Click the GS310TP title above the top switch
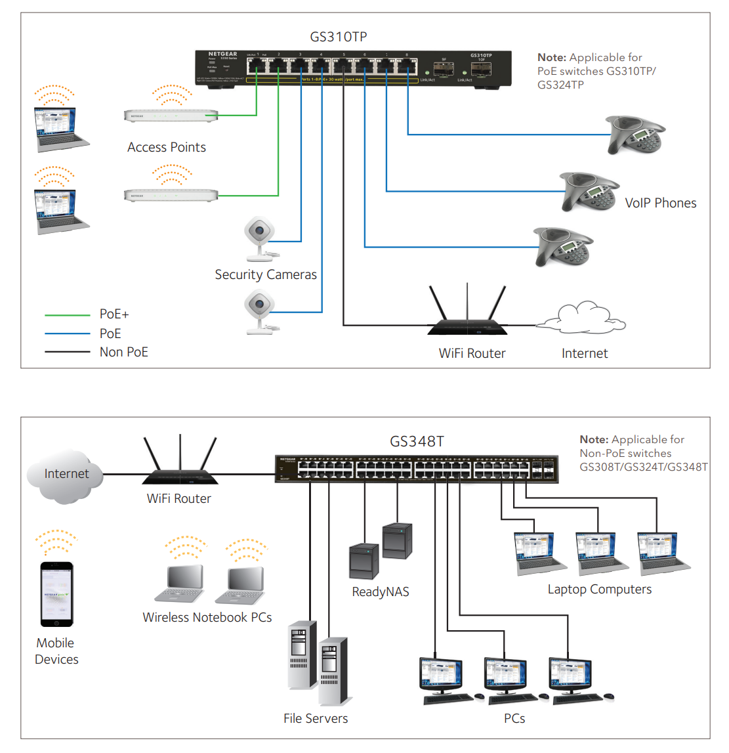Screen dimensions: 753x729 (x=338, y=37)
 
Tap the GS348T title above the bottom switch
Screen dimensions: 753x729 (x=417, y=441)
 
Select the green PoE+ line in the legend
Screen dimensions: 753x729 (x=67, y=315)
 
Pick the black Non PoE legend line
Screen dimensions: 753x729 (x=67, y=352)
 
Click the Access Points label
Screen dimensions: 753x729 (x=166, y=148)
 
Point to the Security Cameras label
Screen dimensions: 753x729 (x=266, y=275)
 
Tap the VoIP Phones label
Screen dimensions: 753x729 (x=660, y=204)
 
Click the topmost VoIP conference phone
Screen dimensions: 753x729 (x=635, y=135)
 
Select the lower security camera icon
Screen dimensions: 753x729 (x=260, y=311)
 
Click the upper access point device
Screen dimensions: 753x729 (x=171, y=116)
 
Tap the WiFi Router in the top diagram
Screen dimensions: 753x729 (x=467, y=318)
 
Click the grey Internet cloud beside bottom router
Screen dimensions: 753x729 (x=66, y=475)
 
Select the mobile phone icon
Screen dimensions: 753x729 (x=56, y=593)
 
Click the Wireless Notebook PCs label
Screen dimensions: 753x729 (x=207, y=618)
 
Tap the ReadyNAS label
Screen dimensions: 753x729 (x=380, y=592)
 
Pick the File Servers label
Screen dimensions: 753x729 (x=316, y=719)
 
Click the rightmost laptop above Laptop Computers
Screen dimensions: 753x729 (x=661, y=553)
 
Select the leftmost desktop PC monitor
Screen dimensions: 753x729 (x=441, y=677)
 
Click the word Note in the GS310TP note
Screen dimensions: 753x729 (x=551, y=58)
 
